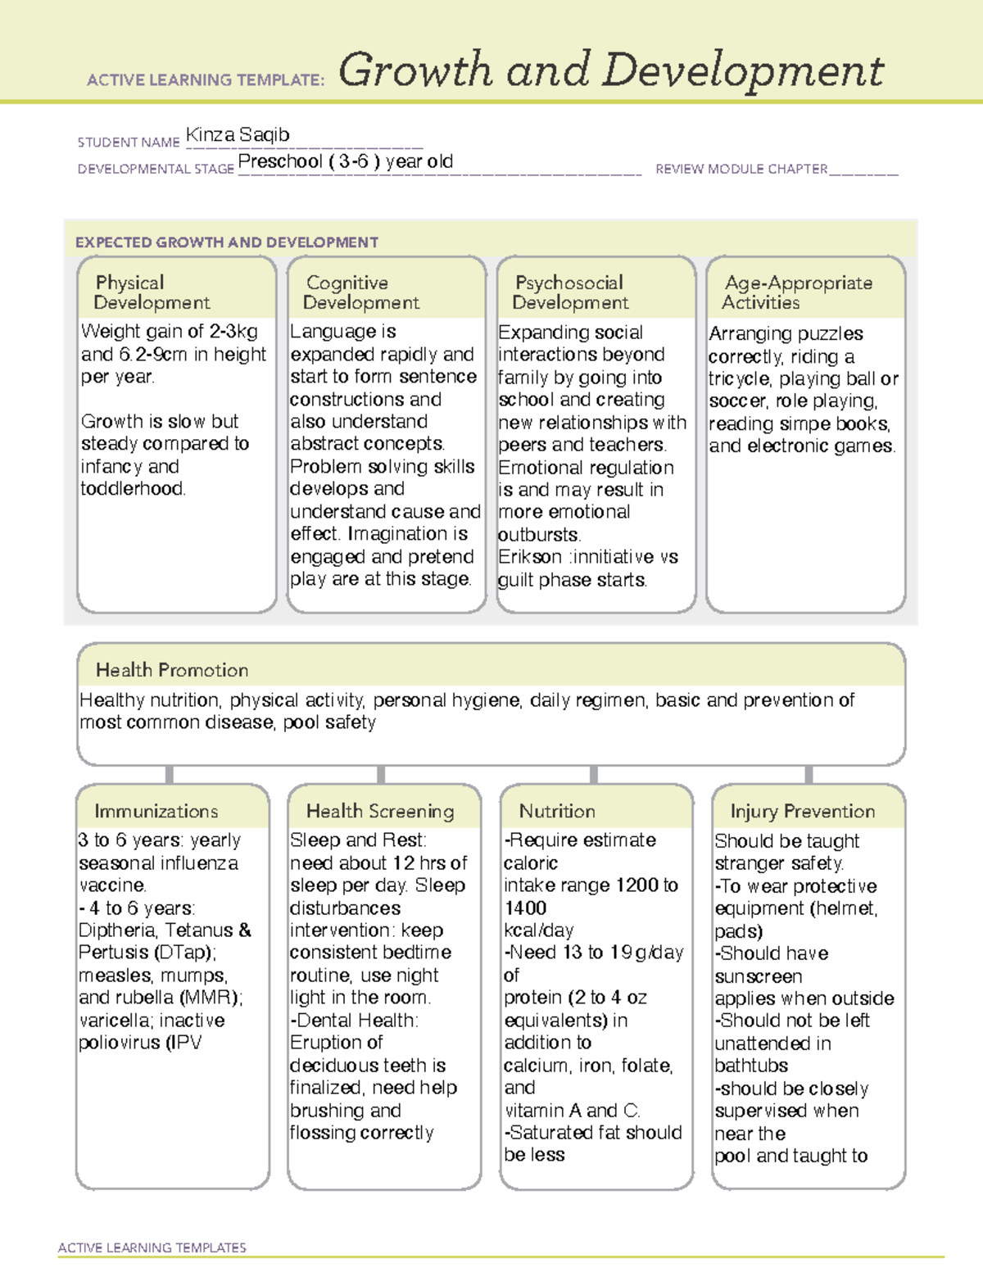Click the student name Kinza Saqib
click(x=238, y=135)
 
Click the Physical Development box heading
click(x=152, y=292)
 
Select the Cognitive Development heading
click(x=360, y=292)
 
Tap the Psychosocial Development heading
click(x=570, y=292)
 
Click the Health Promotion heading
click(x=172, y=670)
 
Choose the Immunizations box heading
click(x=156, y=811)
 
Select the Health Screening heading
click(x=380, y=811)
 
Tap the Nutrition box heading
click(x=557, y=811)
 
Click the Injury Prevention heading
click(x=803, y=811)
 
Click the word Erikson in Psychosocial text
click(x=530, y=557)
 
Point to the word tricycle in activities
click(x=740, y=379)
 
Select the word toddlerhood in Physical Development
click(x=133, y=489)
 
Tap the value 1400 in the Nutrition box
click(x=525, y=908)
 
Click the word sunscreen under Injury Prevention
click(x=759, y=976)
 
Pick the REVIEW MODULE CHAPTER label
click(x=741, y=169)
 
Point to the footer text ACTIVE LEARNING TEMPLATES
click(x=152, y=1247)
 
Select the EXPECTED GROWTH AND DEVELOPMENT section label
click(x=227, y=242)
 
